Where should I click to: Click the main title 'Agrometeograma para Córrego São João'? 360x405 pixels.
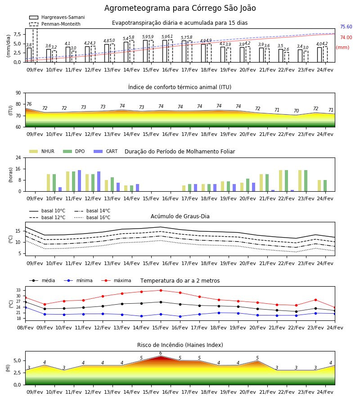pos(180,8)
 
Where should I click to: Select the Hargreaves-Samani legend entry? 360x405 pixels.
pos(57,17)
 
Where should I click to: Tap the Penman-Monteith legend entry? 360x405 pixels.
pos(55,24)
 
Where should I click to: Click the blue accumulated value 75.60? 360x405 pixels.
pos(346,27)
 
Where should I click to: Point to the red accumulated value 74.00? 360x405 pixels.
pos(346,37)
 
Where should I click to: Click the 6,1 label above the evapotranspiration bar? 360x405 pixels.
pos(170,37)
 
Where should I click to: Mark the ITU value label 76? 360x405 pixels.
pos(29,104)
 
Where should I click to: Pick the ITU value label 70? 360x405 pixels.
pos(296,111)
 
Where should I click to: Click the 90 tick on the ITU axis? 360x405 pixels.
pos(18,93)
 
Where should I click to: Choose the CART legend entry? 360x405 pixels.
pos(106,151)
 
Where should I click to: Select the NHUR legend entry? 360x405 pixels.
pos(42,151)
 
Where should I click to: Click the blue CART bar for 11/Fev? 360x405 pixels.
pos(79,181)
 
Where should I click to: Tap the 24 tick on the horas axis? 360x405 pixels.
pos(18,157)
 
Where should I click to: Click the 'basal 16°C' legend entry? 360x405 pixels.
pos(92,217)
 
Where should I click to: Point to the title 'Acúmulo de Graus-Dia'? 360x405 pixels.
pos(180,216)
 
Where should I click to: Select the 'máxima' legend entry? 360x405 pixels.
pos(116,280)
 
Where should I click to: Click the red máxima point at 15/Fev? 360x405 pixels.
pos(161,290)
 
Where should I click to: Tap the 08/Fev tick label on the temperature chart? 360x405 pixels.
pos(25,328)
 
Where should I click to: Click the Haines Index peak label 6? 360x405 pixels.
pos(161,353)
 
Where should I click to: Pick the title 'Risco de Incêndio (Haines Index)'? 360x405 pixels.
pos(180,345)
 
